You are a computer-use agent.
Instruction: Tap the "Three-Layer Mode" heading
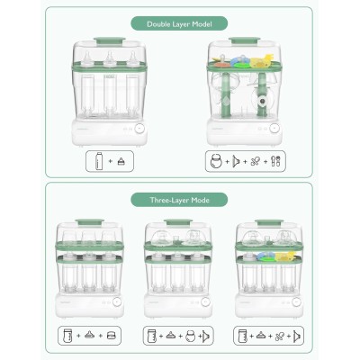(180, 198)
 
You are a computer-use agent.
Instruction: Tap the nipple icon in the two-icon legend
(122, 163)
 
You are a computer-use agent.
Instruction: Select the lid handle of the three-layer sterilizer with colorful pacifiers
(268, 221)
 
